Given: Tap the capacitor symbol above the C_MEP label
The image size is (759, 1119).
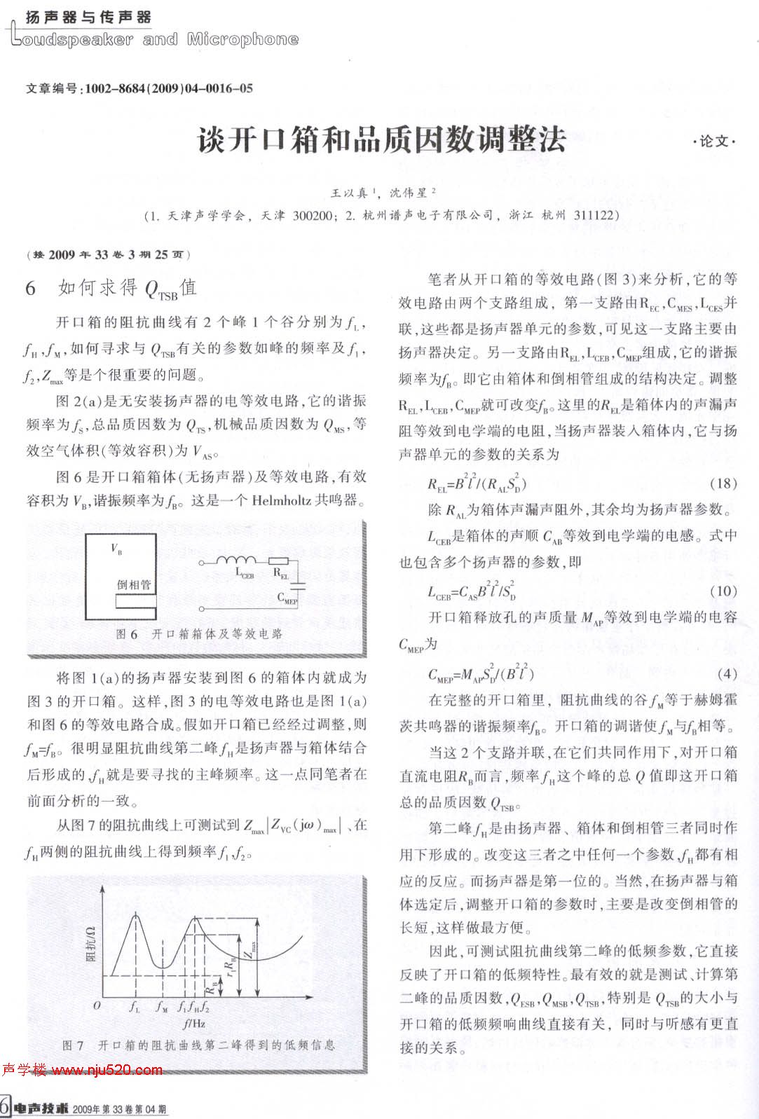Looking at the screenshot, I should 301,584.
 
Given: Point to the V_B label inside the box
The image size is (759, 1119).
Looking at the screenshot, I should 116,549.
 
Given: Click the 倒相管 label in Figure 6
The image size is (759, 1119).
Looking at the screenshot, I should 133,584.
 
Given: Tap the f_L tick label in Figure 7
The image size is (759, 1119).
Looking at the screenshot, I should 134,1007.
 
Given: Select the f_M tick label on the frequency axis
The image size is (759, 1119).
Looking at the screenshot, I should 162,1007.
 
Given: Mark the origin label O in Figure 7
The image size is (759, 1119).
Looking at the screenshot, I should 97,1005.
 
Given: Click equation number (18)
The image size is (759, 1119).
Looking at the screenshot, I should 723,483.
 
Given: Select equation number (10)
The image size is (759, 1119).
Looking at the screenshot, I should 723,591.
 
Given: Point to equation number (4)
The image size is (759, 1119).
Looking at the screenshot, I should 727,673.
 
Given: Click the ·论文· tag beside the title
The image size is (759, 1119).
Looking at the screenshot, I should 714,142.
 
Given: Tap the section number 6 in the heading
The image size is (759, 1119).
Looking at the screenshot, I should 30,289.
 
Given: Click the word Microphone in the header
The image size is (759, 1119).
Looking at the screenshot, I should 242,39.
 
